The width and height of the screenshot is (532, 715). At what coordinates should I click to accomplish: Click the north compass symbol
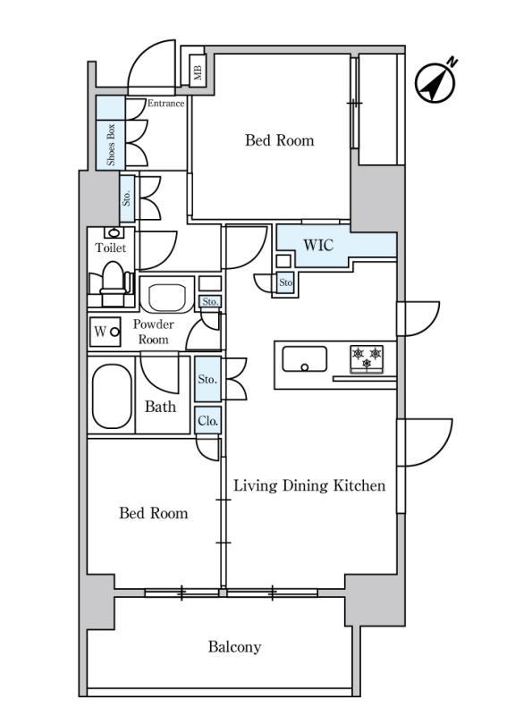coord(435,81)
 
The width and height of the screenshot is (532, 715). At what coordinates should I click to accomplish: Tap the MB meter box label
coord(198,71)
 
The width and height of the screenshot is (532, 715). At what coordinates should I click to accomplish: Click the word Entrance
coord(165,103)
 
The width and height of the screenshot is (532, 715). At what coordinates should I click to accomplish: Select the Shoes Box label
coord(110,145)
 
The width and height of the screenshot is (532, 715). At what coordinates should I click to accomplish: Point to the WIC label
coord(318,245)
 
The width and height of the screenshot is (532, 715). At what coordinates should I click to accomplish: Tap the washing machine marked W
coord(106,332)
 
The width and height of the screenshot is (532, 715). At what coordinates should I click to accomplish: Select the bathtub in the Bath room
coord(112,396)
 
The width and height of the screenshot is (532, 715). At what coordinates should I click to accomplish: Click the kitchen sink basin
coord(304,359)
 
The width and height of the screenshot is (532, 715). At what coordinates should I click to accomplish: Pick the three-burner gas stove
coord(367,359)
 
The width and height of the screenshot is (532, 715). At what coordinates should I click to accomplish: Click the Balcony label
coord(234,646)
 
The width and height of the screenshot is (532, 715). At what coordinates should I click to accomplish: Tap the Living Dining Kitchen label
coord(309,485)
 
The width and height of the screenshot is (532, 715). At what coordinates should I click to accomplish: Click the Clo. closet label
coord(207,421)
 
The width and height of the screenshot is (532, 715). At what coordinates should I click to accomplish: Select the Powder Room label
coord(153,332)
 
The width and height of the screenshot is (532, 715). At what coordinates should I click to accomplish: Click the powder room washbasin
coord(167,298)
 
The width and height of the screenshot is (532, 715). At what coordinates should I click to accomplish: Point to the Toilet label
coord(111,248)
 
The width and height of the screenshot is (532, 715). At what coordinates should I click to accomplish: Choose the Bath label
coord(160,407)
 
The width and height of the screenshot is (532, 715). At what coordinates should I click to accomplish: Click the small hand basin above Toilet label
coord(114,232)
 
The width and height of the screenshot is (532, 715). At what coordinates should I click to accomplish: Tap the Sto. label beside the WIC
coord(285,282)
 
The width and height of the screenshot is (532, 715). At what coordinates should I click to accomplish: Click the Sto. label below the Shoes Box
coord(126,198)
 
